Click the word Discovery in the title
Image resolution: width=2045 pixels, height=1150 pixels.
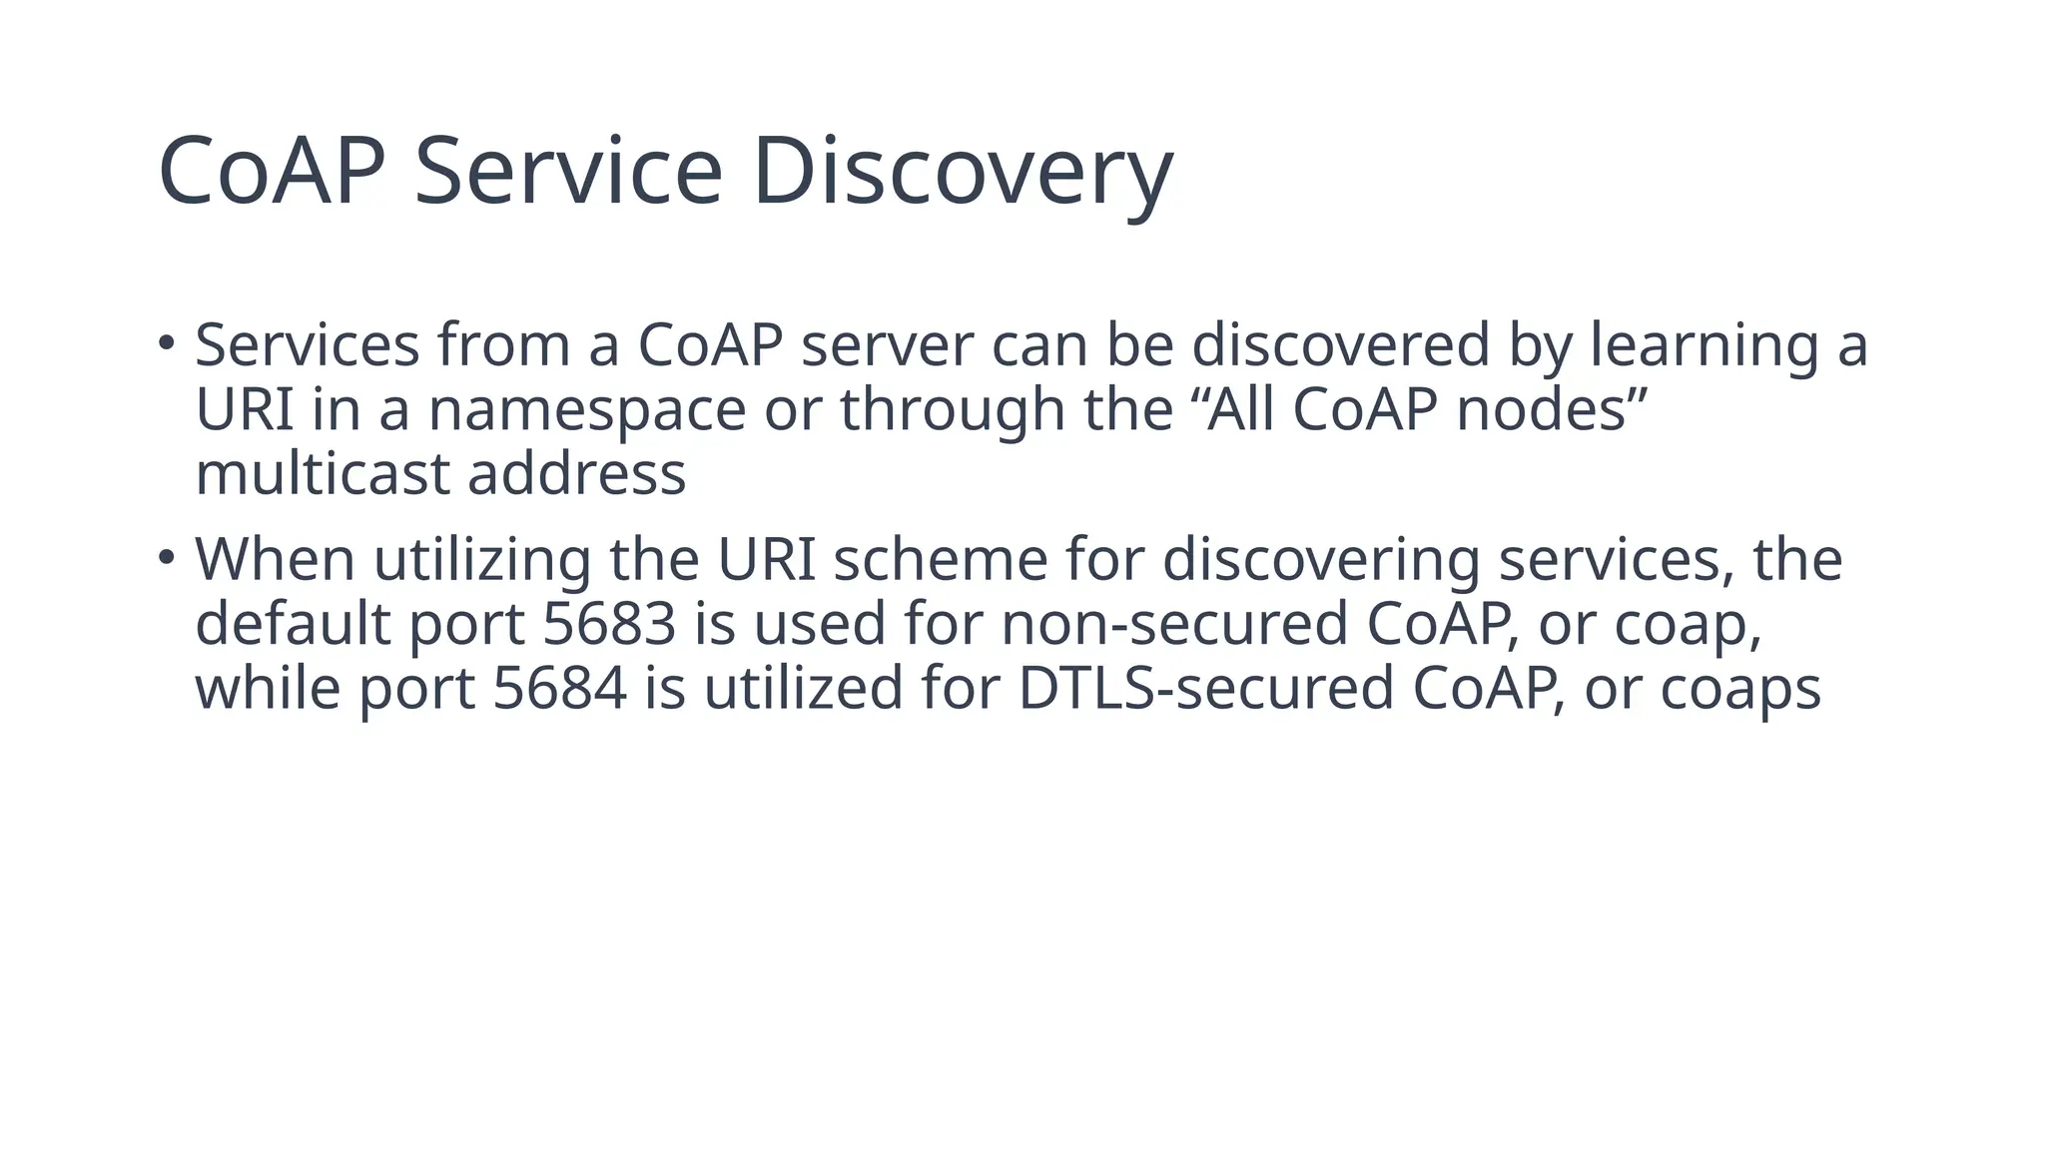(964, 172)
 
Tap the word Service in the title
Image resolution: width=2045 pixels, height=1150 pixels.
(568, 172)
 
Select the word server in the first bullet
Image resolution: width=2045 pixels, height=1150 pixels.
(887, 345)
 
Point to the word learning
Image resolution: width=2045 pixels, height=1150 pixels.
(1704, 345)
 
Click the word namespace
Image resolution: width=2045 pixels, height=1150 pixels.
(587, 409)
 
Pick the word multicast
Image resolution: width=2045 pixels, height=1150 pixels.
(323, 473)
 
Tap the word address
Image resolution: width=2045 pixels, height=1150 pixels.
(577, 473)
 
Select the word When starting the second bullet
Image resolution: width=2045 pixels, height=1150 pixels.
(275, 559)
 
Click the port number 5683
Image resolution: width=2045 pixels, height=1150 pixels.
(609, 624)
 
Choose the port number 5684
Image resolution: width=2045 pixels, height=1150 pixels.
(559, 689)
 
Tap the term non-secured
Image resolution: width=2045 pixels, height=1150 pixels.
(1173, 624)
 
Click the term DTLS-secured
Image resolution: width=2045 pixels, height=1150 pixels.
(1205, 689)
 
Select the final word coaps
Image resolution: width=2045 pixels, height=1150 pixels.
(1740, 689)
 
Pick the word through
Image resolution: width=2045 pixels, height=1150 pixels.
(952, 409)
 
